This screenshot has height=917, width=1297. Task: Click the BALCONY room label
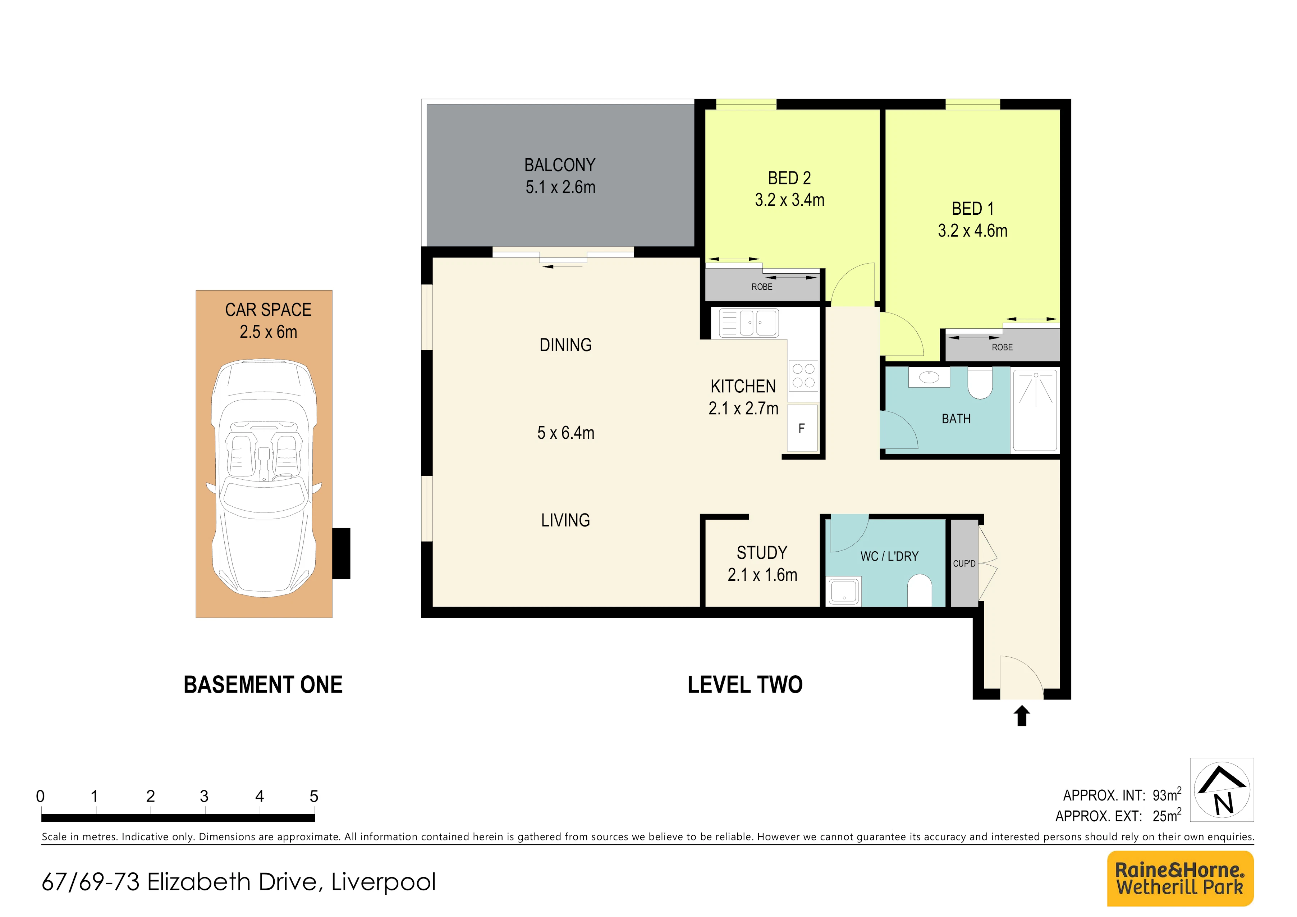pos(560,165)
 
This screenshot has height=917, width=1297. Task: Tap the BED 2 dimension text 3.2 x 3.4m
pos(790,200)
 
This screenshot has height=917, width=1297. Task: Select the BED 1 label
pos(973,209)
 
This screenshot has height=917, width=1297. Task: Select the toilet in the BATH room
pos(980,383)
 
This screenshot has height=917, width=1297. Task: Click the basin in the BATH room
pos(929,377)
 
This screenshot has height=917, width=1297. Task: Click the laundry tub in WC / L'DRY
pos(844,591)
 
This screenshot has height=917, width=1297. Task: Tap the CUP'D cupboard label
pos(964,563)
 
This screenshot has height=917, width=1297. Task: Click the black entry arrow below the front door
pos(1021,715)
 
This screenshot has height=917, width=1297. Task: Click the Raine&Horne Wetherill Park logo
pos(1181,879)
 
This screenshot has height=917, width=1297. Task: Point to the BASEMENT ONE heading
pos(263,685)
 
